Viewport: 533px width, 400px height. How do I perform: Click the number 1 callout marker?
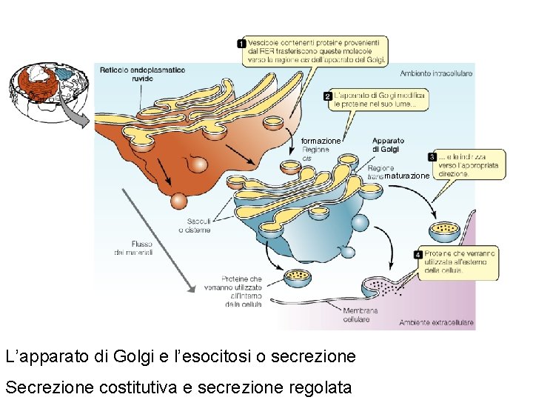[241, 44]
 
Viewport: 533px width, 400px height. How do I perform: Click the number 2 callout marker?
[328, 96]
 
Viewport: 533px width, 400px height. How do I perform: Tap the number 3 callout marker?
[432, 157]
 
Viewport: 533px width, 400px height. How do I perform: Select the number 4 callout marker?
[418, 254]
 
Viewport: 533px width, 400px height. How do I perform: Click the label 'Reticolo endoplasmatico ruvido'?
[142, 74]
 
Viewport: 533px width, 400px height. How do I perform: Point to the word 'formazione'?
[321, 141]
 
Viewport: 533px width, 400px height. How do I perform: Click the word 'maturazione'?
[406, 176]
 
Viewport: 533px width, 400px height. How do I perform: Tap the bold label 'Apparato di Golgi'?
[388, 144]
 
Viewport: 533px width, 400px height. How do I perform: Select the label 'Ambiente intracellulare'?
[435, 73]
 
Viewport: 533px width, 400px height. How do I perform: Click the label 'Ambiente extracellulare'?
[435, 322]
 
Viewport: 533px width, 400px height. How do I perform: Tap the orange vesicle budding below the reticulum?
[178, 201]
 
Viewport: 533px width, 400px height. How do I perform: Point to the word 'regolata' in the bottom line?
[321, 387]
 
